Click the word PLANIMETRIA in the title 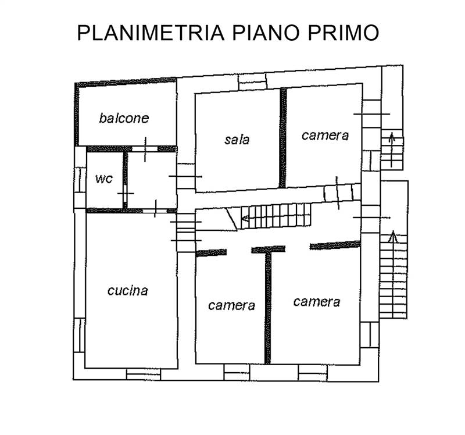[151, 33]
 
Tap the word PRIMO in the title [344, 33]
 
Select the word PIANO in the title [266, 33]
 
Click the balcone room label [124, 118]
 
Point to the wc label [104, 179]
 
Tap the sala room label [237, 140]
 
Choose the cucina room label [127, 291]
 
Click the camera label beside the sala [325, 136]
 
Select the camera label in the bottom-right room [317, 302]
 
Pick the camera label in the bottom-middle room [231, 305]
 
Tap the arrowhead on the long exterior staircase [394, 236]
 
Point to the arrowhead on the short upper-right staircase [392, 137]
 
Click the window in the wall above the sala [253, 81]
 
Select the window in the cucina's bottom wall [144, 374]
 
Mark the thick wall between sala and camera [283, 138]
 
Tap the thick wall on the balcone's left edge [77, 114]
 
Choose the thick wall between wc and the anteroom [125, 180]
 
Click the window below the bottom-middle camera [237, 372]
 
